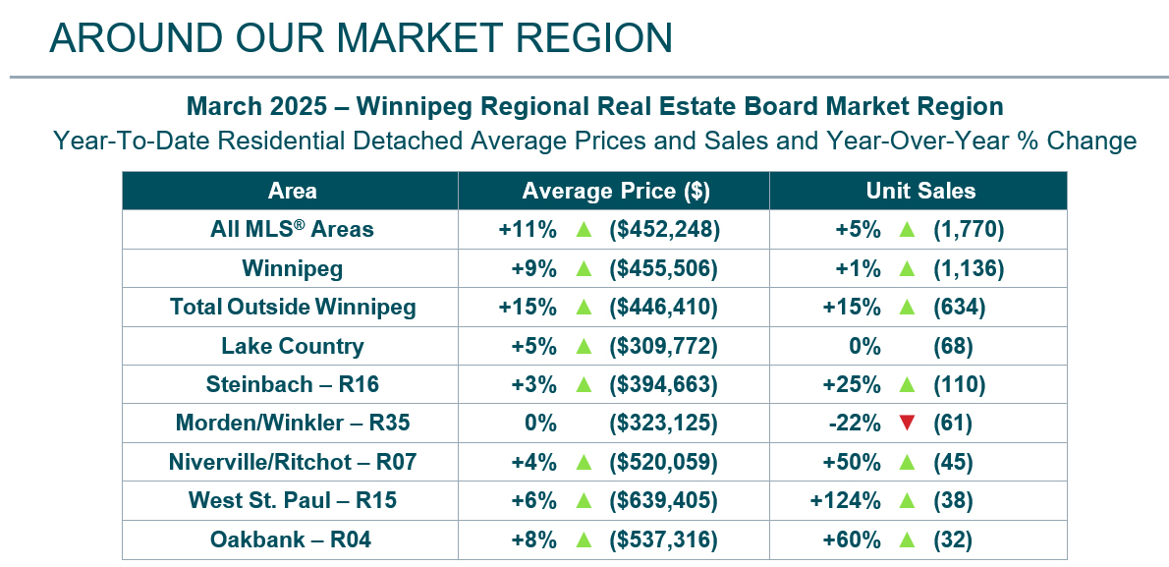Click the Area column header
[292, 191]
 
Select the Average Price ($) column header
[616, 191]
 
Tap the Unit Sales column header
[919, 191]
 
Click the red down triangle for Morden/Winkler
[906, 424]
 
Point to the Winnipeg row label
[292, 268]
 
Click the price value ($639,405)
[665, 501]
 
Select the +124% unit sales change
[844, 501]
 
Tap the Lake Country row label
[292, 346]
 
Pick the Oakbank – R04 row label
[292, 539]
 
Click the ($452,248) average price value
[665, 230]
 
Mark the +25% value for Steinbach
[856, 384]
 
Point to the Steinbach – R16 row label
[292, 384]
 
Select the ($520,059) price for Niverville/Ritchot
[665, 462]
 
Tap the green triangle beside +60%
[906, 539]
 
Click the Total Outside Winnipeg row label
[292, 307]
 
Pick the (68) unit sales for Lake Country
[952, 346]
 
